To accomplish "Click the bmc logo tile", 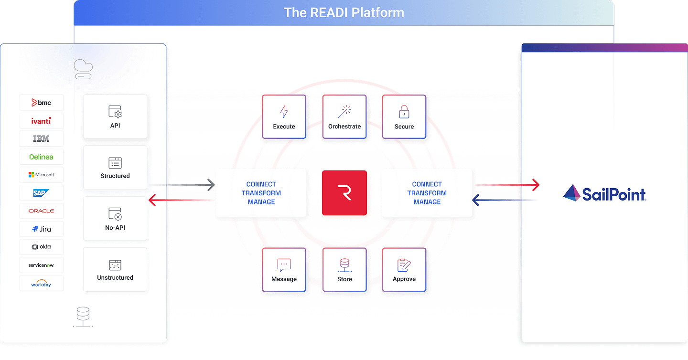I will pos(41,103).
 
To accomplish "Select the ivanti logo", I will pos(41,121).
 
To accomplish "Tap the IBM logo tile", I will pos(41,139).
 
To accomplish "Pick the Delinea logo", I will pos(41,157).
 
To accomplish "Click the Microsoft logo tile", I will pos(41,175).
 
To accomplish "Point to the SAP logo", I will pos(41,193).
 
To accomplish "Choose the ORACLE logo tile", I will pos(41,211).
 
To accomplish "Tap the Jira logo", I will pos(41,229).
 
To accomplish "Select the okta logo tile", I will pos(41,247).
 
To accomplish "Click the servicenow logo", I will pos(41,265).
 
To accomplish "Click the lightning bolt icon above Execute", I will pos(284,112).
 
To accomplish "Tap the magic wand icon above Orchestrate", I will pos(344,112).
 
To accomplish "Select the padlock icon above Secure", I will pos(404,112).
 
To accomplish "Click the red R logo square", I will pos(344,193).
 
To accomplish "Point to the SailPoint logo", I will pos(604,193).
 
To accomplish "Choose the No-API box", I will pos(115,218).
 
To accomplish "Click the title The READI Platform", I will pos(344,12).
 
